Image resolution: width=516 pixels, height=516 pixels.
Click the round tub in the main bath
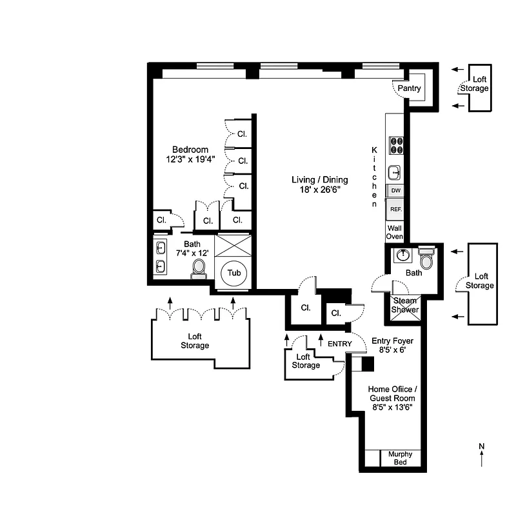point(234,273)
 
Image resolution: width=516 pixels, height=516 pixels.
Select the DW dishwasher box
point(395,191)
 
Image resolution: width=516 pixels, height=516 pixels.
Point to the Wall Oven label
point(395,232)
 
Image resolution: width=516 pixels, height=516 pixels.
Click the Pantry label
point(409,88)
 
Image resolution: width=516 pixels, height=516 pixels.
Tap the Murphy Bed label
point(400,458)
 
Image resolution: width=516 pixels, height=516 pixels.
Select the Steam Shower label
point(405,305)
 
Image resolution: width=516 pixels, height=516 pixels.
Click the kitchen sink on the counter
point(395,172)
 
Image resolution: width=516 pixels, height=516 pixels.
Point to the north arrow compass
point(481,455)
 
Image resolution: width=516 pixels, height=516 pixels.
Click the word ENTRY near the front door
point(340,344)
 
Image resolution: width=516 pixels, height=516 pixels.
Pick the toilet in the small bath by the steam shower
point(426,259)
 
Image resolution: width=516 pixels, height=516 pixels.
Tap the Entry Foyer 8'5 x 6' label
point(392,346)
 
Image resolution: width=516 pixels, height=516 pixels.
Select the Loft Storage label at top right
point(475,84)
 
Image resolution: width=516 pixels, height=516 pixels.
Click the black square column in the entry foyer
point(368,364)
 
